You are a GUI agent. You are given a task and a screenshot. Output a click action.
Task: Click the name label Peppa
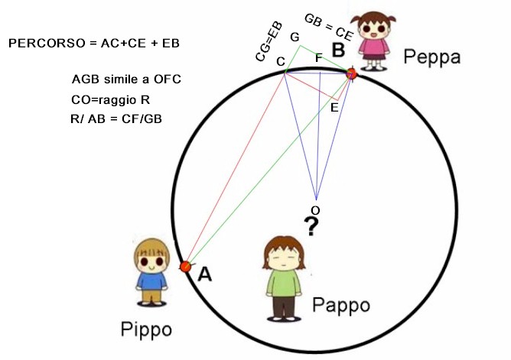point(433,57)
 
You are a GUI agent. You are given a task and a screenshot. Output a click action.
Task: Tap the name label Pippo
point(147,329)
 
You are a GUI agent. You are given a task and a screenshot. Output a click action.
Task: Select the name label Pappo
point(341,305)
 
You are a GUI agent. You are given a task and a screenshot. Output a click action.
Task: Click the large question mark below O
point(311,226)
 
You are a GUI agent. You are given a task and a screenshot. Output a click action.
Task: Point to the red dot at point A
point(184,266)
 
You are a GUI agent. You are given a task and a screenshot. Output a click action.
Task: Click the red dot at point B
point(352,74)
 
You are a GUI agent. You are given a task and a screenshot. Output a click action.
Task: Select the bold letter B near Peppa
point(337,50)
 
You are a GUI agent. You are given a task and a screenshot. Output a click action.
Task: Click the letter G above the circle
point(295,36)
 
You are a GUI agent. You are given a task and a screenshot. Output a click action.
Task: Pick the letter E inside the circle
point(334,108)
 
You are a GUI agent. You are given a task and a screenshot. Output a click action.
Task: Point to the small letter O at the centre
point(314,209)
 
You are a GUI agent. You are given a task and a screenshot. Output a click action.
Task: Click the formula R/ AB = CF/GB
point(115,118)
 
